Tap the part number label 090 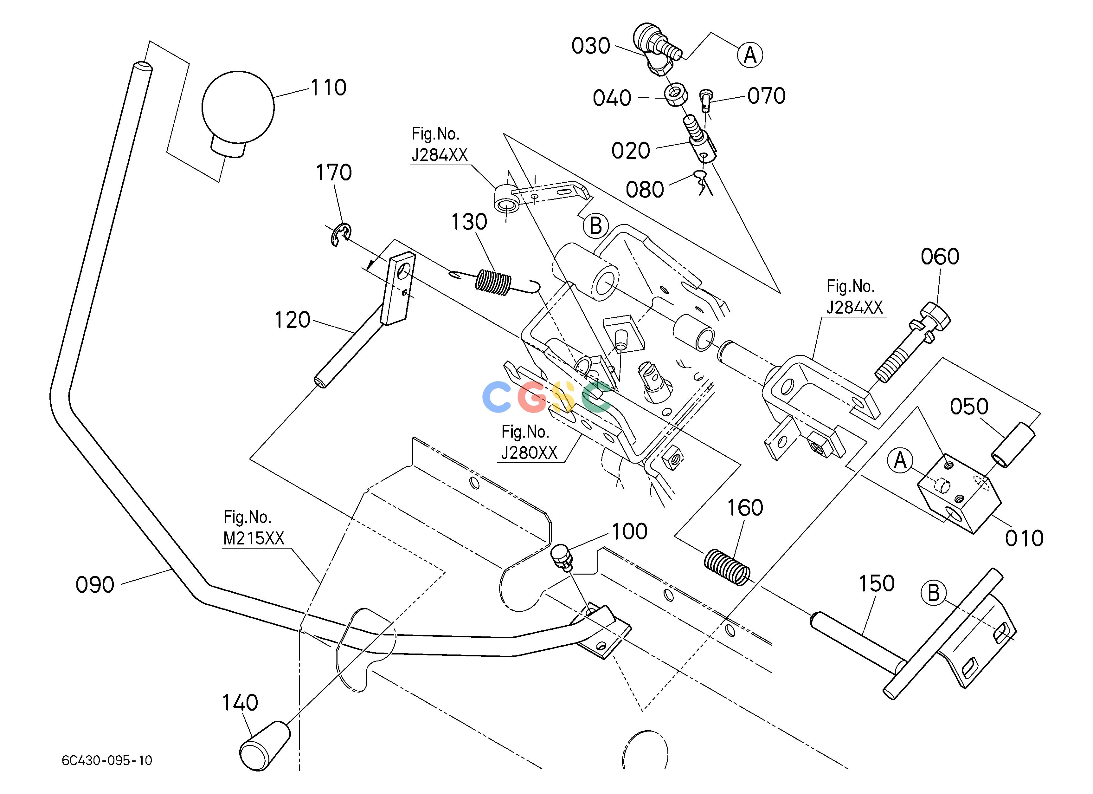[95, 585]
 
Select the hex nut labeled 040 [677, 95]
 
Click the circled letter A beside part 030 [750, 55]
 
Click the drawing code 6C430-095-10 [107, 761]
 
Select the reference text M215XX [254, 538]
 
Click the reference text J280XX [529, 453]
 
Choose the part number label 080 [645, 190]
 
